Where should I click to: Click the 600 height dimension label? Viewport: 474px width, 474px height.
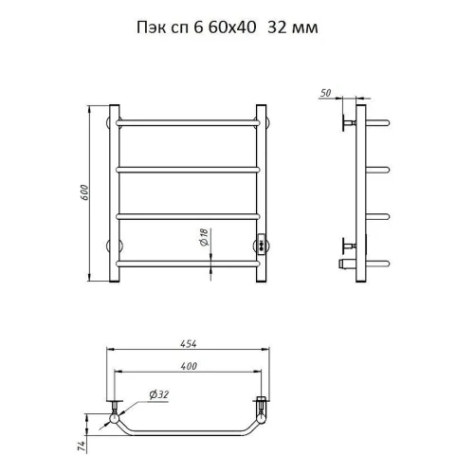tap(84, 192)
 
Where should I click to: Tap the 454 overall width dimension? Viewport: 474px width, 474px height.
tap(189, 343)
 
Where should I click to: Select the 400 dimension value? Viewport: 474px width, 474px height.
tap(189, 366)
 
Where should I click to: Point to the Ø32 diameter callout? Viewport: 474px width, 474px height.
tap(159, 394)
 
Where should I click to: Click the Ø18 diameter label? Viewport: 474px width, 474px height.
tap(205, 237)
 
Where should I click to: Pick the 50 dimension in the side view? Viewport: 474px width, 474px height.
tap(325, 93)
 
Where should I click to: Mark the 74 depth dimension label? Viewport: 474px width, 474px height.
tap(82, 446)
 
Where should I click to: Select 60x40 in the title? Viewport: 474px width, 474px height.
tap(232, 27)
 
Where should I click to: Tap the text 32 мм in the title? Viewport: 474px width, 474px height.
tap(293, 27)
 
